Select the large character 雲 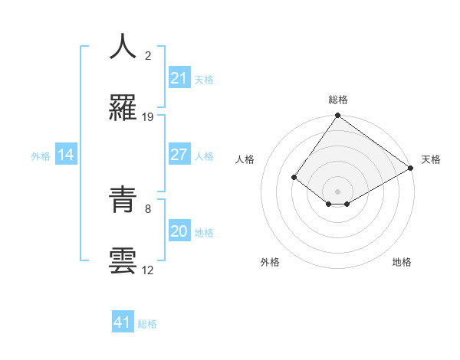pos(123,260)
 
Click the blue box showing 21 pos(179,78)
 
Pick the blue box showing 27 pos(179,155)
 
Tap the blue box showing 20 pos(179,231)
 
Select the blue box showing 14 pos(66,155)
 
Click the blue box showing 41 pos(123,322)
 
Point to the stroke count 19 pos(148,117)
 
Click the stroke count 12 pos(148,270)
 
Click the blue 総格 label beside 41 pos(147,324)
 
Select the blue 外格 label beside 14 pos(41,156)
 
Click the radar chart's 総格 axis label pos(337,100)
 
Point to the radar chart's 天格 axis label pos(431,160)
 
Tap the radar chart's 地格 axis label pos(402,263)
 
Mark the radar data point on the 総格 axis pos(337,116)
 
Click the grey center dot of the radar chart pos(337,191)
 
